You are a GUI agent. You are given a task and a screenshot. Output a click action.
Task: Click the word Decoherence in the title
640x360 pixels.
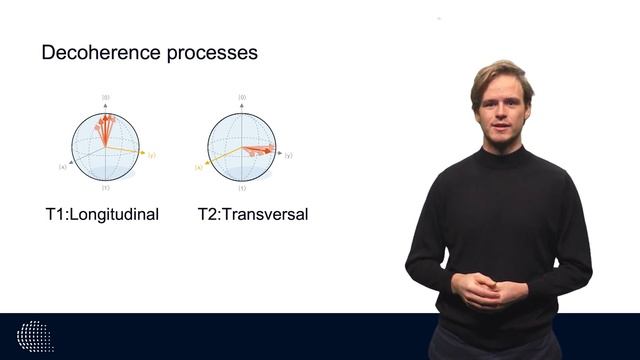coord(90,52)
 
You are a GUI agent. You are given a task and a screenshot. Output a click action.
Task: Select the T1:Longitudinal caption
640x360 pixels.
coord(100,214)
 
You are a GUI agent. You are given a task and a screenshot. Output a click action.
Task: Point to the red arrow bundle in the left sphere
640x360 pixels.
coord(103,127)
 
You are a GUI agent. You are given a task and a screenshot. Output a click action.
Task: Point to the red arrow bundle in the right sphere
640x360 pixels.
coord(258,150)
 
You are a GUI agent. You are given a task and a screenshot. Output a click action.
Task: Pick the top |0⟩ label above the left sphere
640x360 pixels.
coord(105,98)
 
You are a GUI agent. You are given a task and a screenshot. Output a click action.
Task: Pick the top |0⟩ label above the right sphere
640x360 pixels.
coord(242,98)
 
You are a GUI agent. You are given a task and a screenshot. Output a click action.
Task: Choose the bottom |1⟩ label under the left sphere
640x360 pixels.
coord(105,188)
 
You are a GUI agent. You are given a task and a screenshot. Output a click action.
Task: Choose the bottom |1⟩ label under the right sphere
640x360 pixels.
coord(242,188)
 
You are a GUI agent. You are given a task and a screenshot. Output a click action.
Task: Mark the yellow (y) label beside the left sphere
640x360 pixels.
coord(152,155)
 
